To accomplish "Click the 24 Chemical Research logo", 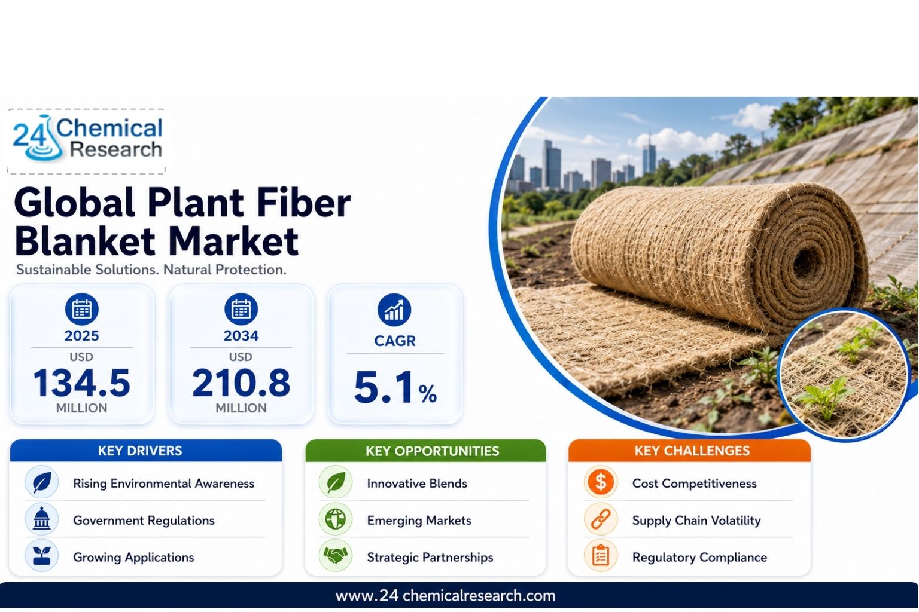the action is point(87,139).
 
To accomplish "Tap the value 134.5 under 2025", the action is point(81,383).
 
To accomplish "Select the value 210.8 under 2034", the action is point(241,383).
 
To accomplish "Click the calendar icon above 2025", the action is point(81,310).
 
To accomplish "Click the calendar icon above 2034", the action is point(241,310).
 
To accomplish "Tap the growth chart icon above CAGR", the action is point(394,310).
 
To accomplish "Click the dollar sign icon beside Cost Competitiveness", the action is point(601,482).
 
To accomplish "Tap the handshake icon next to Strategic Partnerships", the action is point(336,556).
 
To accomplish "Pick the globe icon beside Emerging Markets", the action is point(336,519).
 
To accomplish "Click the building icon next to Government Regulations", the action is point(41,519).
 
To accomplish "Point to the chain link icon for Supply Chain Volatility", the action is point(601,519).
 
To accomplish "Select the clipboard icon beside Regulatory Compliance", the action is point(601,556).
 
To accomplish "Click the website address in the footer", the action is point(445,596).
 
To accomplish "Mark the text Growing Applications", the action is point(133,557).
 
